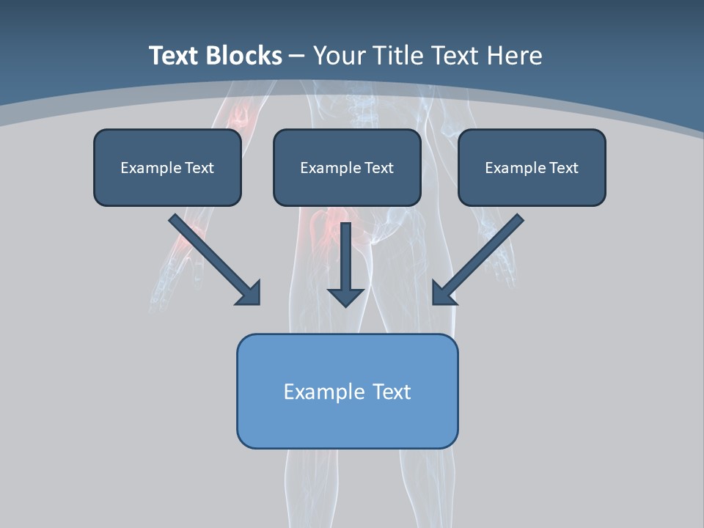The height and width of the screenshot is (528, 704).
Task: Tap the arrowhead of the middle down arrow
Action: [345, 296]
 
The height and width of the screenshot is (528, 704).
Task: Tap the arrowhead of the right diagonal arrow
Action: [443, 293]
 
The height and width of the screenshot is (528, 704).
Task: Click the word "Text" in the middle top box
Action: [378, 168]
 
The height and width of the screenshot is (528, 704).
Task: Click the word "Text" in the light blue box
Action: [392, 392]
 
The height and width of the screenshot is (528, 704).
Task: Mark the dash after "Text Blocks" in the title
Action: [297, 56]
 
